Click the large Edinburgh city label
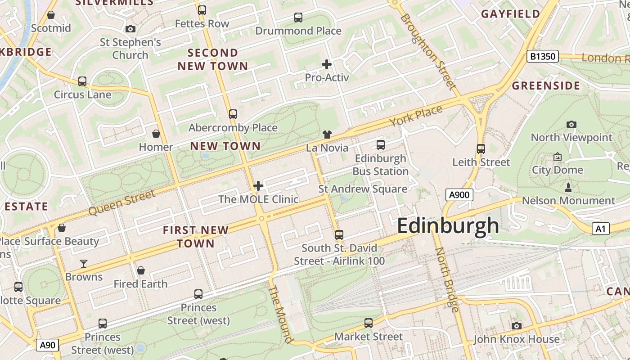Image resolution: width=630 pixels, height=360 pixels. tap(448, 225)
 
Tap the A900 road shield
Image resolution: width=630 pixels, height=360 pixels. tap(459, 195)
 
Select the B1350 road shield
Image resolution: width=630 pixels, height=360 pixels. tap(542, 56)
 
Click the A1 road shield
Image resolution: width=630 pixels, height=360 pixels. tap(600, 229)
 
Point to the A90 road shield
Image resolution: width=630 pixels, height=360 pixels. tap(47, 345)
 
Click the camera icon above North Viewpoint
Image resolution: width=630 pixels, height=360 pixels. tap(571, 124)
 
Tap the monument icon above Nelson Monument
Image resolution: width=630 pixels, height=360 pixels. tap(568, 187)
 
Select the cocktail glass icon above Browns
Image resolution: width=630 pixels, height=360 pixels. tap(84, 263)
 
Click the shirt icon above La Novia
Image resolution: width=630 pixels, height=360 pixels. tap(327, 134)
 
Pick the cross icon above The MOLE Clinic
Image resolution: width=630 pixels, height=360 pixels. tap(258, 185)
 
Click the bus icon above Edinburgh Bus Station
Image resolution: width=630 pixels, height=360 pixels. tap(381, 145)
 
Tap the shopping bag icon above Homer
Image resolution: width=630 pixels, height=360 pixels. tap(156, 134)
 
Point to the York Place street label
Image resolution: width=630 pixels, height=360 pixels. tap(416, 116)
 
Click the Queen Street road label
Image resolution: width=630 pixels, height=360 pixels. tap(122, 202)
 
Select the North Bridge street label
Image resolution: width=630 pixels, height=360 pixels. tap(447, 279)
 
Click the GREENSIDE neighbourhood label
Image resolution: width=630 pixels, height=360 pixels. tap(546, 85)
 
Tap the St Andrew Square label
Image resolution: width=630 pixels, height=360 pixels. tap(363, 189)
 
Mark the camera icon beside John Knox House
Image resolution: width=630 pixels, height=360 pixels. tap(517, 326)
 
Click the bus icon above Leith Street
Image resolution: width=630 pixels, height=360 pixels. tap(481, 148)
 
